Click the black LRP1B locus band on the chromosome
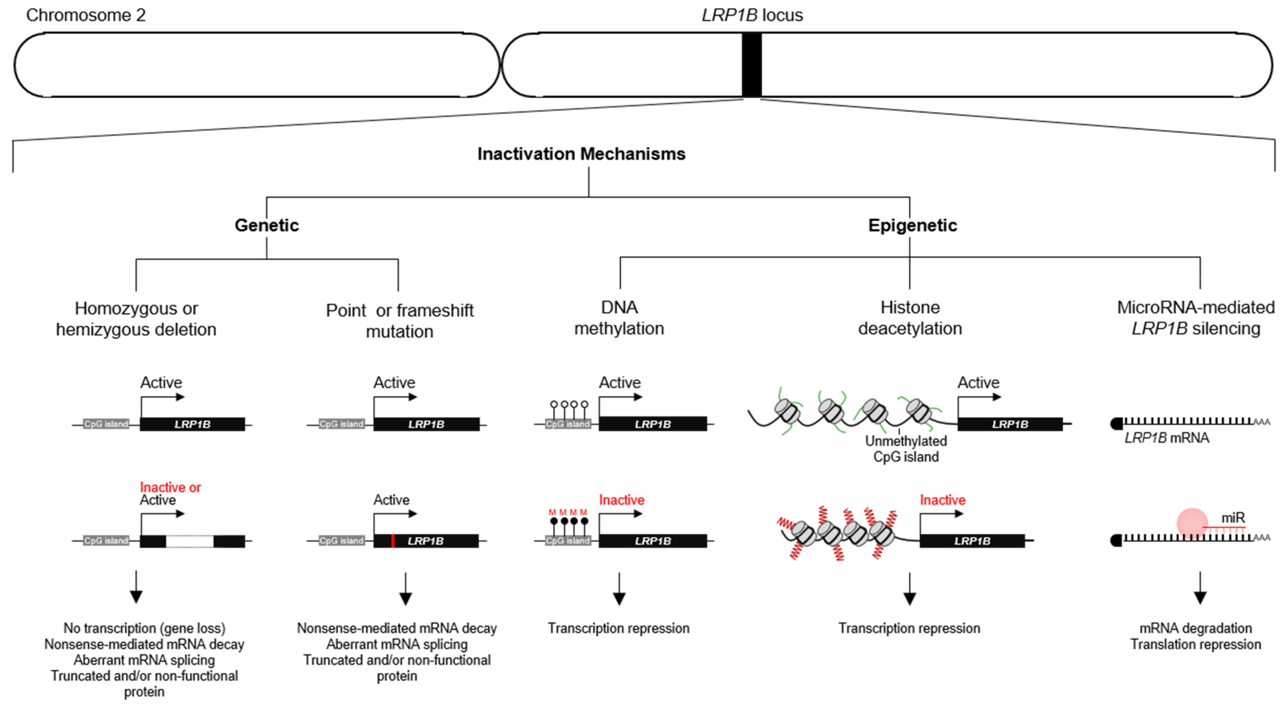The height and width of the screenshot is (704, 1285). pos(751,65)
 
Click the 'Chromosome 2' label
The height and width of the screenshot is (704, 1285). pos(86,15)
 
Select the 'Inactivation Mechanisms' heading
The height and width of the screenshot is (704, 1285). pos(581,154)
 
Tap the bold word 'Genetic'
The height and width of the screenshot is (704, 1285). pos(267,225)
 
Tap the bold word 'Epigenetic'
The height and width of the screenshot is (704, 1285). pos(912,225)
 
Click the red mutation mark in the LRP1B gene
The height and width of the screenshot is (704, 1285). pos(393,541)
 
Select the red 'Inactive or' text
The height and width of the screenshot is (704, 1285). pos(170,487)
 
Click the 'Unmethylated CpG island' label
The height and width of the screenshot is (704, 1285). pos(906,449)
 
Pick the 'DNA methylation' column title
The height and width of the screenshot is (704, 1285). pos(619,318)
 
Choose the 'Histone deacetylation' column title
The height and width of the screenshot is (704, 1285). pos(910,318)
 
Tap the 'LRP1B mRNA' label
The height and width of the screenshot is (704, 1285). pos(1167,438)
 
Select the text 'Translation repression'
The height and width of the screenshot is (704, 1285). pos(1196,644)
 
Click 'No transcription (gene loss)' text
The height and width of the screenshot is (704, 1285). pos(144,628)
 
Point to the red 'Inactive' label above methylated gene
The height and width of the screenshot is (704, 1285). pos(621,500)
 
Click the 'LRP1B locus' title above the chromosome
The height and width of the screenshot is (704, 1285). pos(752,15)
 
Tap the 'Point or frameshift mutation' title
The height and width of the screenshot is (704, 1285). pos(399,321)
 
